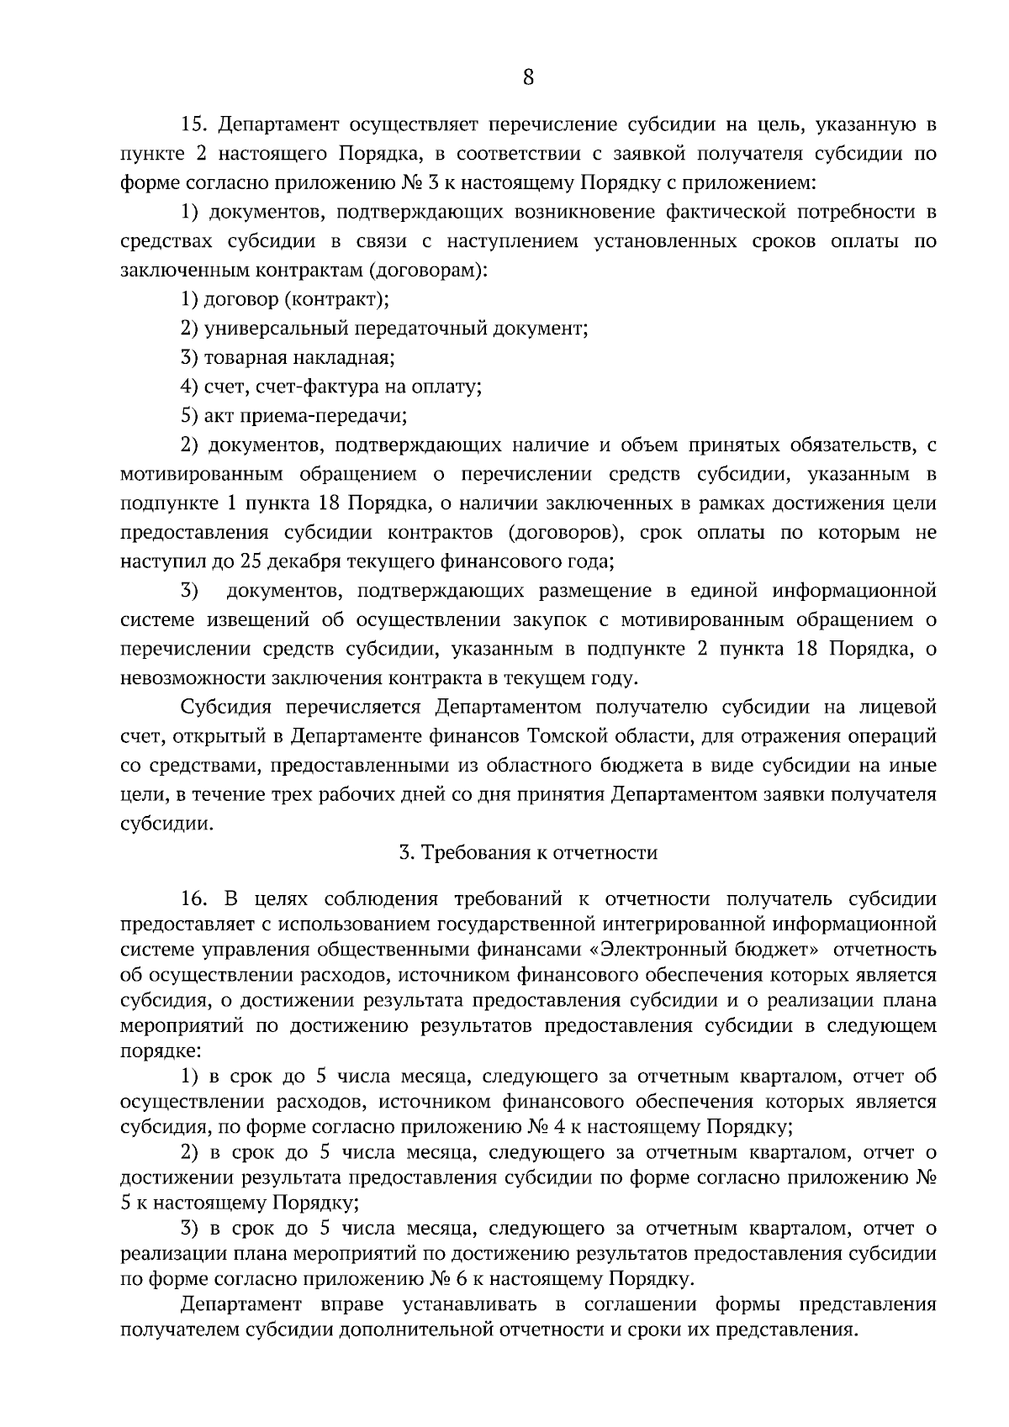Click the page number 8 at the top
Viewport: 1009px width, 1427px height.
point(528,78)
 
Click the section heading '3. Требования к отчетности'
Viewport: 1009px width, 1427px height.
point(528,853)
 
